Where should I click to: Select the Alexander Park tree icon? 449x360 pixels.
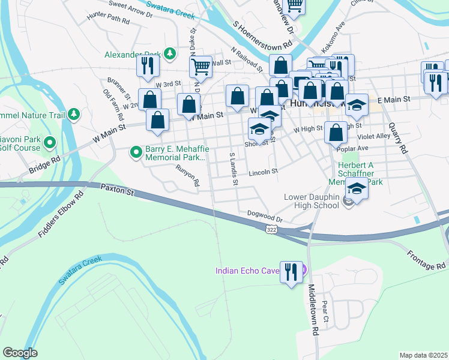tap(170, 54)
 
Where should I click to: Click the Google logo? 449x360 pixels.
tap(20, 353)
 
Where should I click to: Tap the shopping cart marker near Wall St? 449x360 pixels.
tap(201, 67)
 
